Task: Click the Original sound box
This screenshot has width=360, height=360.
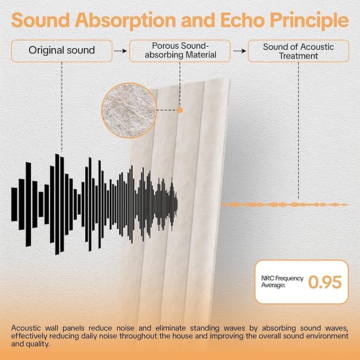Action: pos(62,51)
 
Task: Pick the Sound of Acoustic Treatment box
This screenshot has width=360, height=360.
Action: pos(298,51)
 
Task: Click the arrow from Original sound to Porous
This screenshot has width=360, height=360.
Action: pos(121,51)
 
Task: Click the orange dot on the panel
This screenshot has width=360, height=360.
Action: pos(180,110)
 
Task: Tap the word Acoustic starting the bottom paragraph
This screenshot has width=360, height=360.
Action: pos(25,327)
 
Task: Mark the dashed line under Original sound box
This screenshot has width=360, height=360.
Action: pos(62,106)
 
